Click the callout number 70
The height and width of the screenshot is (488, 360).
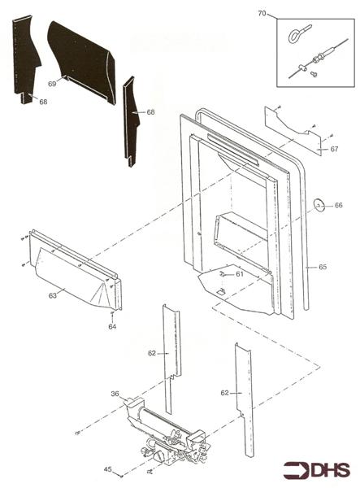(x=262, y=14)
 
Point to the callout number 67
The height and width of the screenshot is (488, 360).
(x=334, y=149)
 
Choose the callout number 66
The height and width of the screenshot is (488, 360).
(x=339, y=205)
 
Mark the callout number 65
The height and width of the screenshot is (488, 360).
(x=323, y=266)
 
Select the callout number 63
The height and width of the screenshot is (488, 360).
(x=52, y=295)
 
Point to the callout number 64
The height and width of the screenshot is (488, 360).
(x=112, y=326)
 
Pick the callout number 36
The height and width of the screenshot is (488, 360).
(x=115, y=394)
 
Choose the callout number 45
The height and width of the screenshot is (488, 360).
(x=107, y=468)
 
